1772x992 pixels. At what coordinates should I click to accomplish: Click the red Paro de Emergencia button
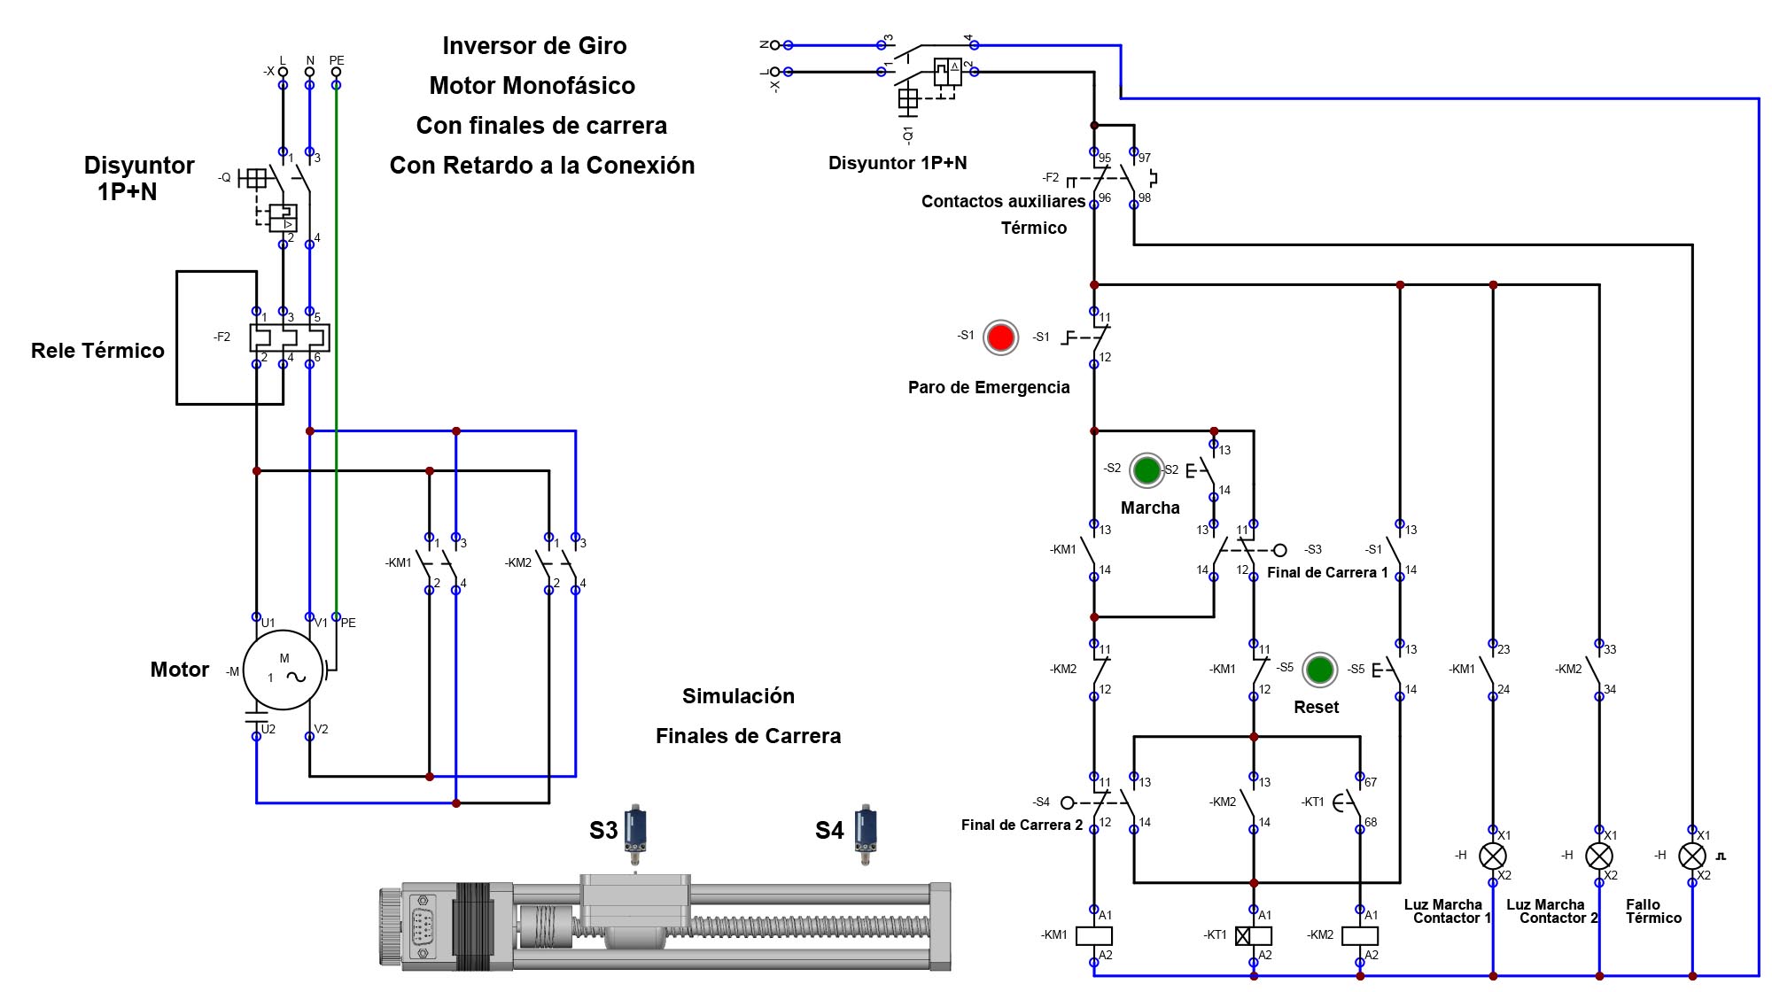coord(1000,337)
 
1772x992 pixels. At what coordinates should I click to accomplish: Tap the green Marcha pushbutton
coord(1146,470)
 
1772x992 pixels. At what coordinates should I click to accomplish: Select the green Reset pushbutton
coord(1319,670)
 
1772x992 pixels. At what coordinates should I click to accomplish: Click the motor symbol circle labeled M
coord(284,670)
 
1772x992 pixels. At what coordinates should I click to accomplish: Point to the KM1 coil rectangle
coord(1093,935)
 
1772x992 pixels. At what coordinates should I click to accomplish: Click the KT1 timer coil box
coord(1253,935)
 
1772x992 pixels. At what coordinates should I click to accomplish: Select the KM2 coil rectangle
coord(1360,935)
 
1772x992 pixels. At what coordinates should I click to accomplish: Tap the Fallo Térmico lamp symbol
coord(1691,856)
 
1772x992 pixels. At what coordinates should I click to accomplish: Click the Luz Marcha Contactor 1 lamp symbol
coord(1493,856)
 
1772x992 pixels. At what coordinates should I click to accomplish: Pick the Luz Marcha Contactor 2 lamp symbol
coord(1599,856)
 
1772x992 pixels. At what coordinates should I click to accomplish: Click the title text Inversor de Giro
coord(534,46)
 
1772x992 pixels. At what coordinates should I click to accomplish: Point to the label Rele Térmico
coord(97,351)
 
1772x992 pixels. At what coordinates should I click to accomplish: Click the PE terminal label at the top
coord(337,60)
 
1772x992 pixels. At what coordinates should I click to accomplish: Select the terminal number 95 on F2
coord(1105,159)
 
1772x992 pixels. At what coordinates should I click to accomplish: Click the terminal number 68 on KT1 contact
coord(1371,822)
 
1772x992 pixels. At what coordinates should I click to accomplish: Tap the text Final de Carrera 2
coord(1022,825)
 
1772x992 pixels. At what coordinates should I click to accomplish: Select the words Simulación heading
coord(738,696)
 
